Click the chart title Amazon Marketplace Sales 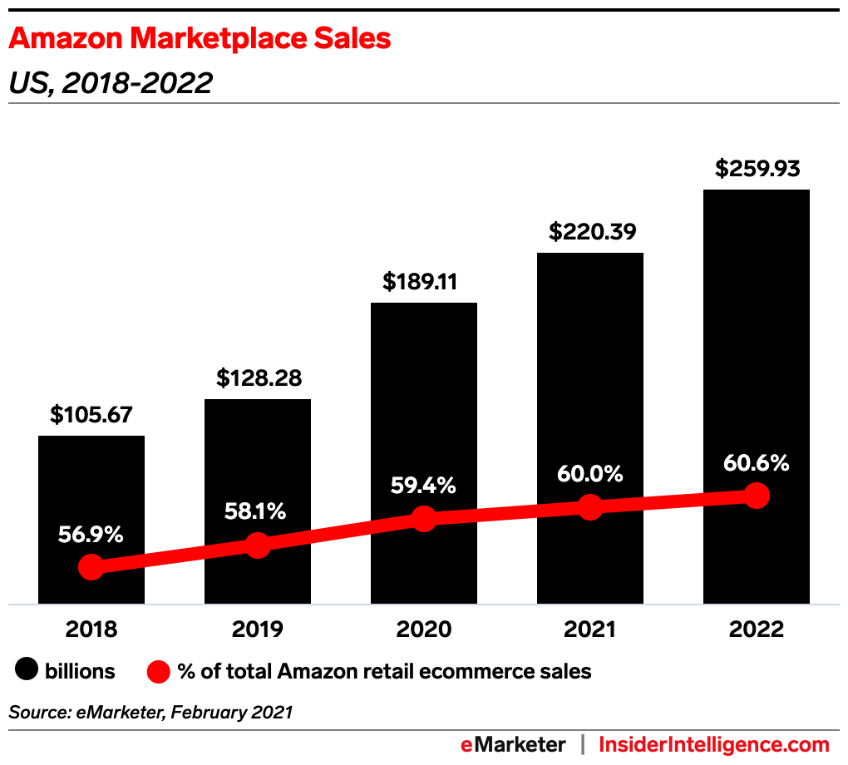click(x=200, y=38)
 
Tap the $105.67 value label click(x=91, y=415)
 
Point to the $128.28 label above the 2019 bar click(x=258, y=378)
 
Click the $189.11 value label click(x=424, y=282)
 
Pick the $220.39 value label click(x=590, y=232)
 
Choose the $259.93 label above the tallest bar click(x=757, y=169)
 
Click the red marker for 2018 click(x=91, y=568)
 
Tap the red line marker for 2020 click(x=424, y=519)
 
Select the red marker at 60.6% click(x=757, y=496)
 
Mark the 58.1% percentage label click(x=256, y=511)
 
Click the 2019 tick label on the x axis click(x=258, y=629)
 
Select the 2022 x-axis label click(x=757, y=629)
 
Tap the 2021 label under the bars click(x=590, y=629)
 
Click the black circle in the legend click(x=27, y=671)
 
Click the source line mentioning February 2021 click(x=150, y=712)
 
